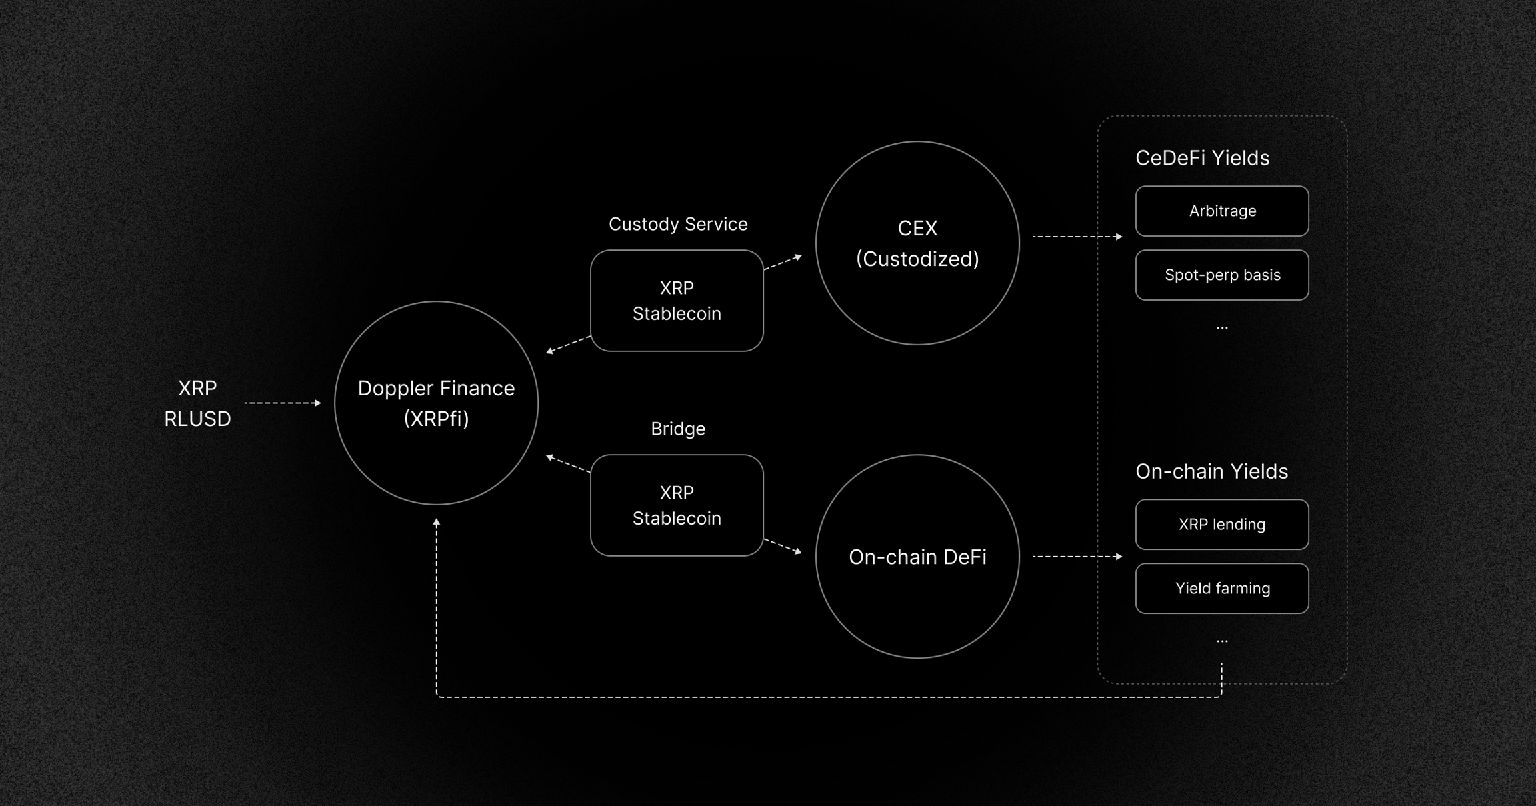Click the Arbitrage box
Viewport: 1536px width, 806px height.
click(x=1222, y=211)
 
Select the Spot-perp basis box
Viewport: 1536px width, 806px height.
click(x=1222, y=275)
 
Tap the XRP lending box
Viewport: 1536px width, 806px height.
click(x=1222, y=525)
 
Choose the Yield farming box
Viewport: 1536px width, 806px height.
click(x=1222, y=589)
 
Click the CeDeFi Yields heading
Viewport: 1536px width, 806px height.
click(x=1202, y=158)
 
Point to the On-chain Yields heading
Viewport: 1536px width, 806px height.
click(x=1211, y=471)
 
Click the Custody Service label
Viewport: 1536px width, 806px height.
click(x=678, y=224)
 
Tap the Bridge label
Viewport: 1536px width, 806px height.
click(x=678, y=429)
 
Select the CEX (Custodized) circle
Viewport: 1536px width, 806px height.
click(x=917, y=243)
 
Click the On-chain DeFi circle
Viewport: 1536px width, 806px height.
click(x=917, y=557)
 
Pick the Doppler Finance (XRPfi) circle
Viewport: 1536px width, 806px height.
click(x=436, y=403)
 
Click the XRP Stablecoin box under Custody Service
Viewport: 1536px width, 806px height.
click(x=677, y=301)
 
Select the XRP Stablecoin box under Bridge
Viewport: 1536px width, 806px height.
click(x=677, y=505)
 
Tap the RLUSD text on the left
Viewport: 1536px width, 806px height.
click(x=197, y=419)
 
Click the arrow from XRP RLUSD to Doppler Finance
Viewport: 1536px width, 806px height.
click(x=283, y=403)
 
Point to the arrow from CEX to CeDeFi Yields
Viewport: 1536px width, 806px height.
click(x=1077, y=237)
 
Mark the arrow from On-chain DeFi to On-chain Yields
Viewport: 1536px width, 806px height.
click(x=1077, y=556)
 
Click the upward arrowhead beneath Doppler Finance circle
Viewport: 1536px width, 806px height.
click(x=437, y=523)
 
